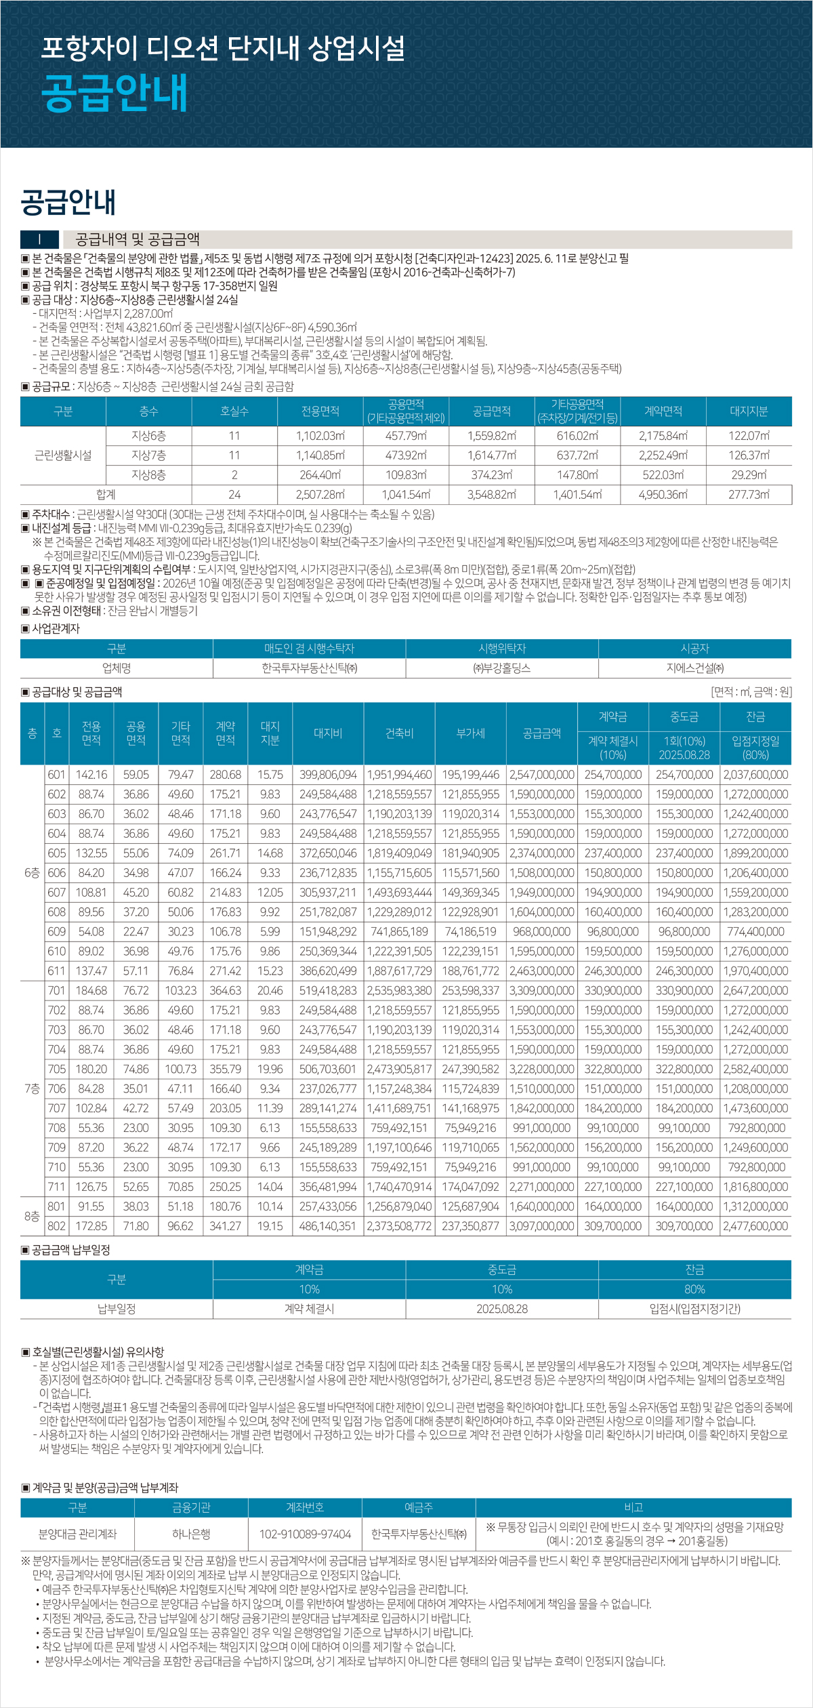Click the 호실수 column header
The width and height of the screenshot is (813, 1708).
234,411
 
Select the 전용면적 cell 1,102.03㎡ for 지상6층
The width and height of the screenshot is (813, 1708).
320,436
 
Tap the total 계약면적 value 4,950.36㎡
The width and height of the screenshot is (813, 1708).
663,495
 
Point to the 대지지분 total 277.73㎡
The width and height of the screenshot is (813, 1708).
749,495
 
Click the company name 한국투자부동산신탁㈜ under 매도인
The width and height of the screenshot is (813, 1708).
310,668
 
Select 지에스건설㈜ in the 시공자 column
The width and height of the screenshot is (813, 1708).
695,668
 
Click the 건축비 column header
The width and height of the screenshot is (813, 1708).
399,733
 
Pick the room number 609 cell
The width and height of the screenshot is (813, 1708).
57,932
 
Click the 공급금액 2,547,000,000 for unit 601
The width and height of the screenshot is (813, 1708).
542,775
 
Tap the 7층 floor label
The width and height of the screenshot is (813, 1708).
32,1089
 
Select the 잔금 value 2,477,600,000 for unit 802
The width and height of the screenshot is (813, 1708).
755,1226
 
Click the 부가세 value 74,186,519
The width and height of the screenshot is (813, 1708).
471,932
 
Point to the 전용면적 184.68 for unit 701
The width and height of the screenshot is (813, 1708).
91,991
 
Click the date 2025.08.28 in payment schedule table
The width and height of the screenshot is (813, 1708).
502,1309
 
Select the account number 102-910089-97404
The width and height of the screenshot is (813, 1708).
305,1534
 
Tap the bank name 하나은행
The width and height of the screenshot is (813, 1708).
191,1534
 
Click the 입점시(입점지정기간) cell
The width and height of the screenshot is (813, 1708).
695,1309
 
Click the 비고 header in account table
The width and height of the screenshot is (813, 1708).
633,1507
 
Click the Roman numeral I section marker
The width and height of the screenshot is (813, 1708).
39,239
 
